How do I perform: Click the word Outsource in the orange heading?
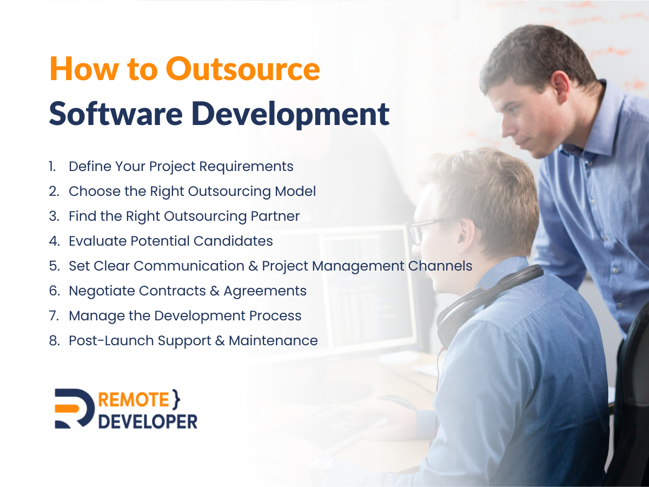[x=243, y=68]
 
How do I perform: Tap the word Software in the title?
[x=116, y=114]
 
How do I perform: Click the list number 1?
[x=52, y=167]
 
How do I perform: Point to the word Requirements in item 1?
[x=246, y=167]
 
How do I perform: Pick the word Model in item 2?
[x=295, y=191]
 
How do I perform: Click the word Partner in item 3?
[x=275, y=216]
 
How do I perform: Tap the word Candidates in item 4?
[x=233, y=241]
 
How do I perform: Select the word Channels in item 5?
[x=440, y=266]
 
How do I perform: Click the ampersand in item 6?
[x=215, y=291]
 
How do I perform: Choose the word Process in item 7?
[x=275, y=316]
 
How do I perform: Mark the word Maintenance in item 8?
[x=273, y=341]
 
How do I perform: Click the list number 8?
[x=55, y=341]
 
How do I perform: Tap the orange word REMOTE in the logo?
[x=134, y=400]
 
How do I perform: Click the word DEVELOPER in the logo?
[x=148, y=422]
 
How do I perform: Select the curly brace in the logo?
[x=176, y=399]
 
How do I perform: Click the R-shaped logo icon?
[x=74, y=409]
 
